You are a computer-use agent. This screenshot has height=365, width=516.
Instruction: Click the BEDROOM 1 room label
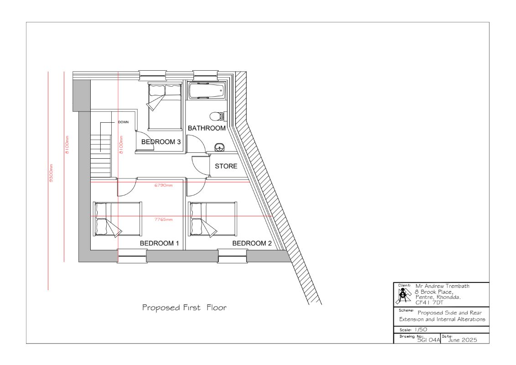click(159, 244)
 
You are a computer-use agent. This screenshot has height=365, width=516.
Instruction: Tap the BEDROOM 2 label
click(252, 244)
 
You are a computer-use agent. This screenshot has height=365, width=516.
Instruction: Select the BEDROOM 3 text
click(161, 142)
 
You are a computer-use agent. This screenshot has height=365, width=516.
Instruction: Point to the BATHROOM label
click(206, 128)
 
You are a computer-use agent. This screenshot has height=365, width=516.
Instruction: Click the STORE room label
click(226, 167)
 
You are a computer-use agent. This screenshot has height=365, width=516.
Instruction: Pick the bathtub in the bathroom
click(206, 91)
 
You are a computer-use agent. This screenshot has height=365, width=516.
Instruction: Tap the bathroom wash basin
click(220, 147)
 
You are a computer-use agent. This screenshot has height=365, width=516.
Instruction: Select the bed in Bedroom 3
click(165, 106)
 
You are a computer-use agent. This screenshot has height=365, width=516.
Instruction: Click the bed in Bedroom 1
click(118, 219)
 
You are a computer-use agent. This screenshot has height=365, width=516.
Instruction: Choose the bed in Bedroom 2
click(212, 219)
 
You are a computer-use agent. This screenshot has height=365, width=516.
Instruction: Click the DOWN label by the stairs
click(124, 122)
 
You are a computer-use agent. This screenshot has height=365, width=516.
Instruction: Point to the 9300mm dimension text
click(51, 173)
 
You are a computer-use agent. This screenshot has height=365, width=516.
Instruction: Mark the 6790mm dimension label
click(164, 185)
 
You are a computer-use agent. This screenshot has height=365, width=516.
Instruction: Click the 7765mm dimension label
click(164, 219)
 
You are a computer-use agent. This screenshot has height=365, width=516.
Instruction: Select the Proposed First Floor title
click(184, 308)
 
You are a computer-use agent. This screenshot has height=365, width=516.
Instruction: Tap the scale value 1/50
click(421, 329)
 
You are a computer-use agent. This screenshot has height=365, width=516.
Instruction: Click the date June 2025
click(462, 340)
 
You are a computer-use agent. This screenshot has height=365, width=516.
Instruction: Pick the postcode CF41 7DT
click(429, 302)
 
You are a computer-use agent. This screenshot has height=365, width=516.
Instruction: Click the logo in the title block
click(405, 296)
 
